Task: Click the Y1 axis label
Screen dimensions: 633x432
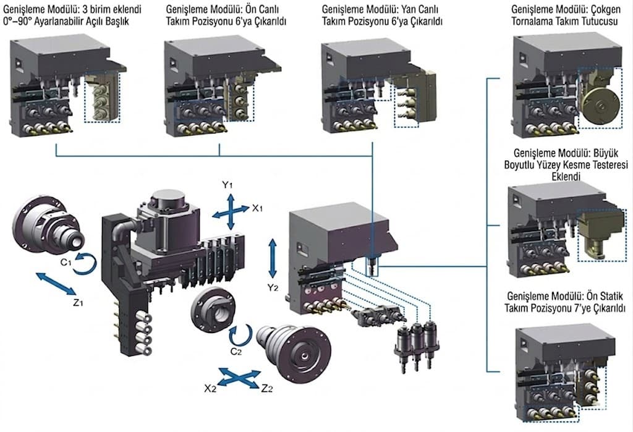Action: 227,185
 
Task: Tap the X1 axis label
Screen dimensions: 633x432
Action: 258,208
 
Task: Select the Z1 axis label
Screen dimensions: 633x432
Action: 79,302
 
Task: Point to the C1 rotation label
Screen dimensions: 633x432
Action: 66,262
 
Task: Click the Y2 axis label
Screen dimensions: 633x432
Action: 273,287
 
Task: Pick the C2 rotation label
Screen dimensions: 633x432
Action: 236,352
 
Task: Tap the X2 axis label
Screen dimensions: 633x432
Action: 210,388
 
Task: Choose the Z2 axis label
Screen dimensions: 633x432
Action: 267,388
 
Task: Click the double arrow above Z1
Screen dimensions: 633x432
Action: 56,284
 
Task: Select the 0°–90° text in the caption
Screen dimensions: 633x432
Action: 17,21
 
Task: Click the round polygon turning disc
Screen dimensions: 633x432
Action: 600,106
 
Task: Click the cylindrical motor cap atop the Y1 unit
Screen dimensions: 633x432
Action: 168,201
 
